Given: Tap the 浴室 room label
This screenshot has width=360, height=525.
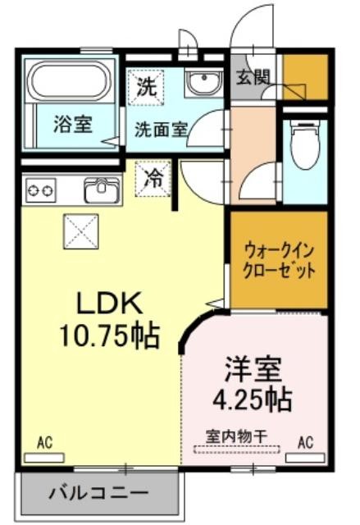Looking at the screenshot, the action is coord(73,124).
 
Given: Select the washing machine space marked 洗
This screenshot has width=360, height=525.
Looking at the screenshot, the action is coord(147,87).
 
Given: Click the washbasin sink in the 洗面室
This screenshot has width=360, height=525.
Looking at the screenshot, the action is coord(204,83).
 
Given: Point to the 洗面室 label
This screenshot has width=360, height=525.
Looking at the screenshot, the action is coord(162,129).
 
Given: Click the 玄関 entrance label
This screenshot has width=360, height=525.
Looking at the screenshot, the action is coord(253,78).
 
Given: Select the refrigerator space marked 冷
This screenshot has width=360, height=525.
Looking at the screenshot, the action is coord(153,179).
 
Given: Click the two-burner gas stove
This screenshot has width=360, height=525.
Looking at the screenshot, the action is coord(41,190).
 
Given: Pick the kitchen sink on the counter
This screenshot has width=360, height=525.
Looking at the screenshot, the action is coord(102,189).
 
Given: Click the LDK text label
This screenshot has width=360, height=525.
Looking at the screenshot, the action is coord(107,303).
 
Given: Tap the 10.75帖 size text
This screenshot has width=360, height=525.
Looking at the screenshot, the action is coord(109,336).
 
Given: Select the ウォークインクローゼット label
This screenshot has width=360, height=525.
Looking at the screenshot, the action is coord(280,261).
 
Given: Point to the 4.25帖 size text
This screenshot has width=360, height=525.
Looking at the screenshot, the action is coord(253,399).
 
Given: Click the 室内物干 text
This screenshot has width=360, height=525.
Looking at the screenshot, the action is coord(236,436).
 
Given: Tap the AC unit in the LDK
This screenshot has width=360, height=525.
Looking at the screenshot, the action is coord(44,458).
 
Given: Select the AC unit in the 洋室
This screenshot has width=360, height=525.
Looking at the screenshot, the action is coord(305,458).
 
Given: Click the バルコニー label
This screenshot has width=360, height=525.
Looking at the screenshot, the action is coord(98,493).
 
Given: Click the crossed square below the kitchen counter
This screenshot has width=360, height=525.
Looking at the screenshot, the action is coord(81,231).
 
